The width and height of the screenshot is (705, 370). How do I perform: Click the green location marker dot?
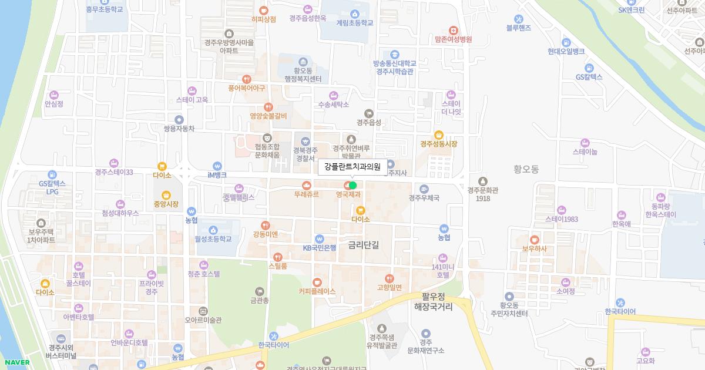[352, 185]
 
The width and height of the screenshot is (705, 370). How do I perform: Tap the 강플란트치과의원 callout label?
[352, 167]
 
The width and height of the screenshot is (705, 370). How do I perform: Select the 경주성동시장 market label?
[438, 144]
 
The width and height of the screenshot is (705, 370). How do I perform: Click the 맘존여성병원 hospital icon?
[453, 30]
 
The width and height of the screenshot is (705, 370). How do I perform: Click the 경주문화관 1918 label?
[483, 194]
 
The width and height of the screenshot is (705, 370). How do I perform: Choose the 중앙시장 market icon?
[166, 195]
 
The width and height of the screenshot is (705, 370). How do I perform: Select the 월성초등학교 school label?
[213, 239]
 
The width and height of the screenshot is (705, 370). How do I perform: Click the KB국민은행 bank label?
[320, 248]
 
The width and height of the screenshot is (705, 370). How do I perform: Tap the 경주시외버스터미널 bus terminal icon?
[62, 338]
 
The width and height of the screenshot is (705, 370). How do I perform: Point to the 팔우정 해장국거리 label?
[434, 302]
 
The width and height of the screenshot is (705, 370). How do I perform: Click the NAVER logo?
[16, 362]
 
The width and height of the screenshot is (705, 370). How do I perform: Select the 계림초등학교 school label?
[354, 23]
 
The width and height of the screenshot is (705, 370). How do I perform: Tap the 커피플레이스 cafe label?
[317, 291]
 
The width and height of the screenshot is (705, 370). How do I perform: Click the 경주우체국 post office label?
[424, 198]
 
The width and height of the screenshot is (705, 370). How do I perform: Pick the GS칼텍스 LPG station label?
[52, 187]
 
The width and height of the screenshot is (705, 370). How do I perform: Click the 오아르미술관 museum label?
[203, 320]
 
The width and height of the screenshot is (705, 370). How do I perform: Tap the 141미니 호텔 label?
[443, 271]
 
